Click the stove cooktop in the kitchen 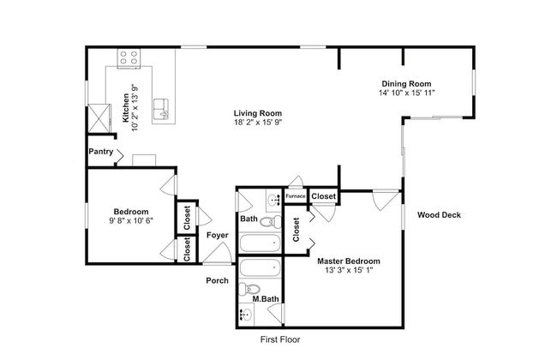(x=129, y=58)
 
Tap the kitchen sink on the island (x=160, y=109)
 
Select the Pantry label (x=101, y=152)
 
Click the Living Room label (x=258, y=113)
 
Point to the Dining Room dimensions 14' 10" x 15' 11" (x=407, y=93)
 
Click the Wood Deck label (x=439, y=214)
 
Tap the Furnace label (x=296, y=195)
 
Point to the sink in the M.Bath (x=246, y=315)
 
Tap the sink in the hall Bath (x=274, y=201)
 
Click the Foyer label (x=218, y=235)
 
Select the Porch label (x=217, y=281)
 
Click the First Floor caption (x=280, y=339)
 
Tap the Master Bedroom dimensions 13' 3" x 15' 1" (x=349, y=271)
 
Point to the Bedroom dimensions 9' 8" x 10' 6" (x=131, y=220)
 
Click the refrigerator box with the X (x=99, y=118)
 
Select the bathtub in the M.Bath (x=261, y=267)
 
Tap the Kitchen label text (x=126, y=108)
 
